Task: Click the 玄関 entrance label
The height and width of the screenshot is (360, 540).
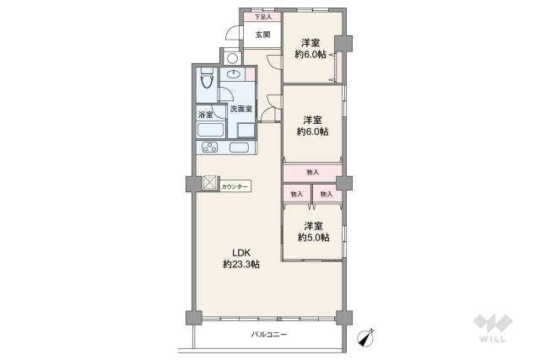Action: pyautogui.click(x=262, y=35)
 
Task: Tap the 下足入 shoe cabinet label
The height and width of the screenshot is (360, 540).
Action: pyautogui.click(x=262, y=16)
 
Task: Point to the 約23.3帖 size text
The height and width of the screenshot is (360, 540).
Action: pyautogui.click(x=241, y=264)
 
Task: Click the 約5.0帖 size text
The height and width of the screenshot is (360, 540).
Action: pyautogui.click(x=313, y=238)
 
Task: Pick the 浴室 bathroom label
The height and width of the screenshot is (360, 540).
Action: pyautogui.click(x=205, y=114)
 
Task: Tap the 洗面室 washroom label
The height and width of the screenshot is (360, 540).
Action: pyautogui.click(x=241, y=109)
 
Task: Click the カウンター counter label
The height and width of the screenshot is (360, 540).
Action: pyautogui.click(x=235, y=185)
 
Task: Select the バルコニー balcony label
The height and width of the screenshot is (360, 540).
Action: pyautogui.click(x=269, y=335)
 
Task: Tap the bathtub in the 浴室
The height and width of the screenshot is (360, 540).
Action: pyautogui.click(x=210, y=131)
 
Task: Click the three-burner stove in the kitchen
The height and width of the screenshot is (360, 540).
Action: pyautogui.click(x=209, y=148)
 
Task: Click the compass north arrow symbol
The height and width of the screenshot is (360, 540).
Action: pyautogui.click(x=365, y=337)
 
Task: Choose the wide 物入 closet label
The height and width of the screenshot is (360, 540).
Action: pyautogui.click(x=312, y=172)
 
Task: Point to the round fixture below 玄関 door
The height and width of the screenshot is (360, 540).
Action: pyautogui.click(x=230, y=58)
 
